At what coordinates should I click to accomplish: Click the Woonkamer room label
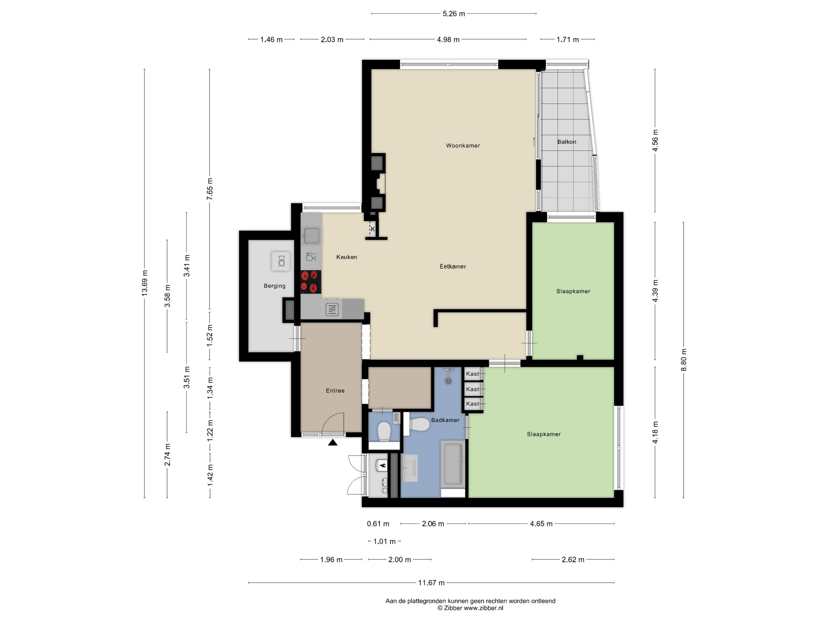click(x=463, y=145)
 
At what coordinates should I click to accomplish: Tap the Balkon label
click(x=566, y=142)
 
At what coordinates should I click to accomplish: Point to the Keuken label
click(x=347, y=257)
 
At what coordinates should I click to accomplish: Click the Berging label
click(x=274, y=286)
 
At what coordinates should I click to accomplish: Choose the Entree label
click(x=335, y=391)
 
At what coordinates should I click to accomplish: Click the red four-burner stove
click(x=311, y=282)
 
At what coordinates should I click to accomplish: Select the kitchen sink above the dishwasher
click(x=311, y=235)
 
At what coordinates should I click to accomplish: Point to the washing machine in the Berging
click(x=281, y=261)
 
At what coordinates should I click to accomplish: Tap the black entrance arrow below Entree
click(x=333, y=443)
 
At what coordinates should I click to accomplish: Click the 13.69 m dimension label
click(x=145, y=283)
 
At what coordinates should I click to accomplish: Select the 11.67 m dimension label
click(x=431, y=583)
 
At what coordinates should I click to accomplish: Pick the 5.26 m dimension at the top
click(x=454, y=14)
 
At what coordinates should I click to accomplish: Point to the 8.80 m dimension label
click(x=683, y=360)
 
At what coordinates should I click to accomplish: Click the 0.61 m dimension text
click(x=378, y=524)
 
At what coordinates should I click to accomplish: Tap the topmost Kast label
click(x=472, y=374)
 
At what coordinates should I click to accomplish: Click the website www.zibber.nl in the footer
click(x=483, y=608)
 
